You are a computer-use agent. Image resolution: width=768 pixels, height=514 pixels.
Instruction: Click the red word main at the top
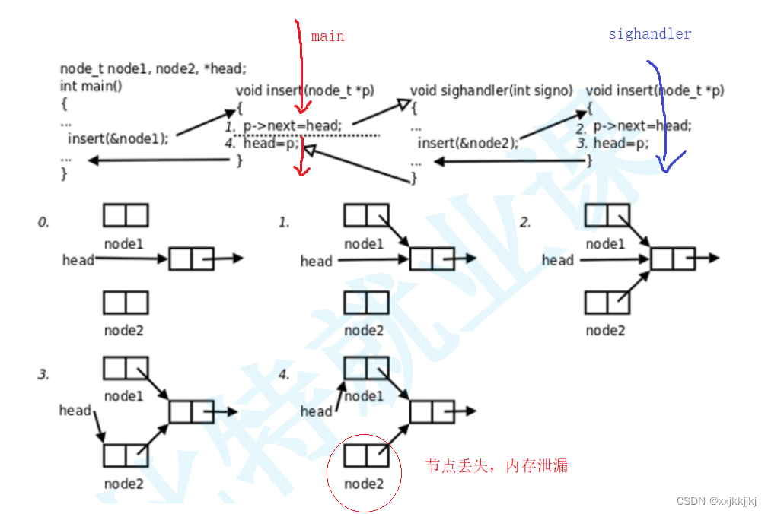click(x=327, y=36)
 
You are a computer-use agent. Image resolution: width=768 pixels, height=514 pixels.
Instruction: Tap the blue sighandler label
click(x=649, y=34)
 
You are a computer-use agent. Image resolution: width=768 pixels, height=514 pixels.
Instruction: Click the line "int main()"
click(x=91, y=85)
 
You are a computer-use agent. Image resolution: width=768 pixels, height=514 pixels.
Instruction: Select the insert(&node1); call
click(x=118, y=138)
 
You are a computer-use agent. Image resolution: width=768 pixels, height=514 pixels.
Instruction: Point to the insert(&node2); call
click(x=468, y=142)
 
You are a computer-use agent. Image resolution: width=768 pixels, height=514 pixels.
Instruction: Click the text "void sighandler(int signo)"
click(x=491, y=90)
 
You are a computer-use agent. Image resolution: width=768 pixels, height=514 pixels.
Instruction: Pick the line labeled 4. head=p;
click(x=263, y=143)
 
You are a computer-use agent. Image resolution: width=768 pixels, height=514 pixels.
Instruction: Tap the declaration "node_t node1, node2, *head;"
click(x=153, y=68)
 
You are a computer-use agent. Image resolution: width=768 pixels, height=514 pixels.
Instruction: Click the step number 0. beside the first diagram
click(x=43, y=222)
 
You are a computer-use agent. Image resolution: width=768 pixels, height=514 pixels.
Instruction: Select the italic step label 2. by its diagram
click(x=524, y=222)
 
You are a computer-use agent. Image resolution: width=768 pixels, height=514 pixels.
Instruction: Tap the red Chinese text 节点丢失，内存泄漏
click(x=496, y=466)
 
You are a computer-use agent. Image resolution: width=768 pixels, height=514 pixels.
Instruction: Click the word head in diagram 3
click(x=75, y=411)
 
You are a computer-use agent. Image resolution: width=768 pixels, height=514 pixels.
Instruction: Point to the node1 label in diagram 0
click(x=124, y=243)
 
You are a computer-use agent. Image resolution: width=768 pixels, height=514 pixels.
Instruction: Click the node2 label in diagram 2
click(x=605, y=330)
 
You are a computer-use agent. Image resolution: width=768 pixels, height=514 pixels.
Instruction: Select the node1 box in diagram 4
click(x=366, y=368)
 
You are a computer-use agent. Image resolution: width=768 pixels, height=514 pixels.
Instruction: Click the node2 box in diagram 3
click(x=126, y=455)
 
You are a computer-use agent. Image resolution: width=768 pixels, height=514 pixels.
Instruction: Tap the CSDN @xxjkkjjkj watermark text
click(x=715, y=501)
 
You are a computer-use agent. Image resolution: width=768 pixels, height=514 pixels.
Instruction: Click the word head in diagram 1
click(x=316, y=262)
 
